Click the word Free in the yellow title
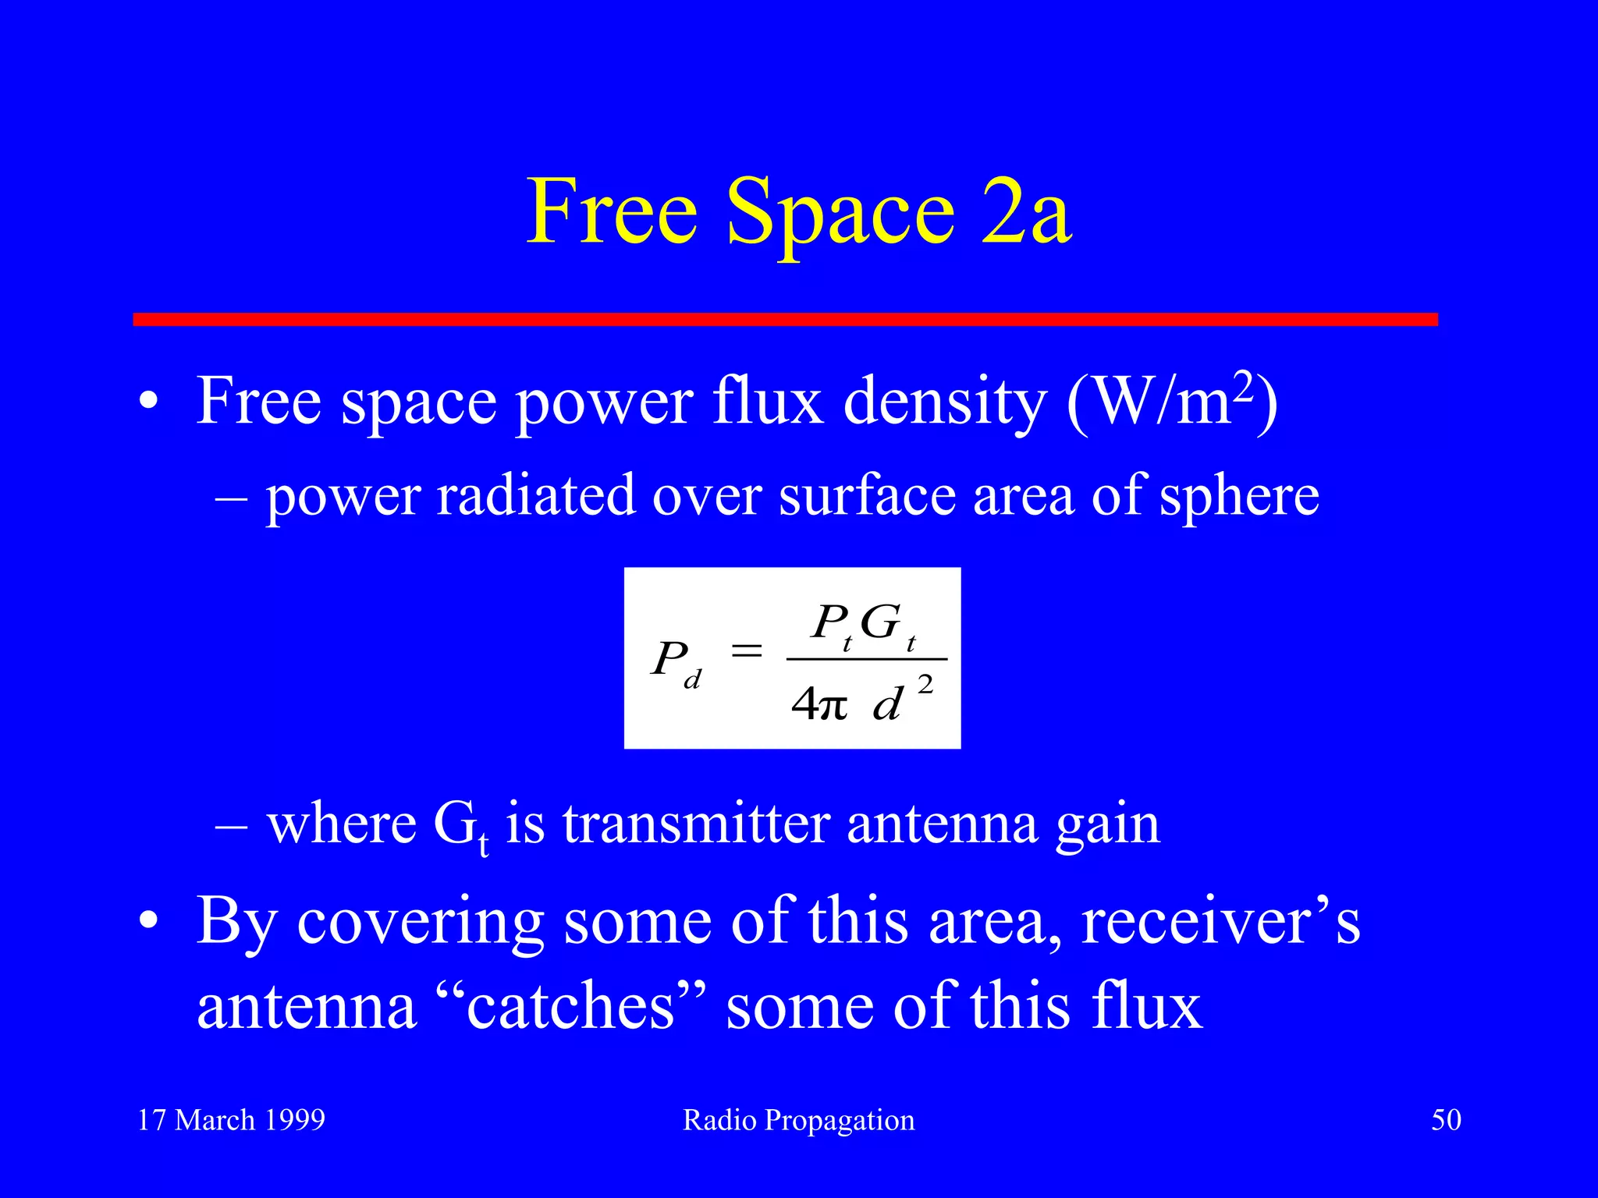click(612, 212)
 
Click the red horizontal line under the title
click(785, 320)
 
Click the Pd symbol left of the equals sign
click(676, 663)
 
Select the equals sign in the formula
click(746, 650)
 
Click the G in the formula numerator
click(880, 622)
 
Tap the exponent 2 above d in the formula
click(925, 685)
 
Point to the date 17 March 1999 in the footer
click(231, 1120)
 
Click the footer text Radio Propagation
click(798, 1120)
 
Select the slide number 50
click(1446, 1120)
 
